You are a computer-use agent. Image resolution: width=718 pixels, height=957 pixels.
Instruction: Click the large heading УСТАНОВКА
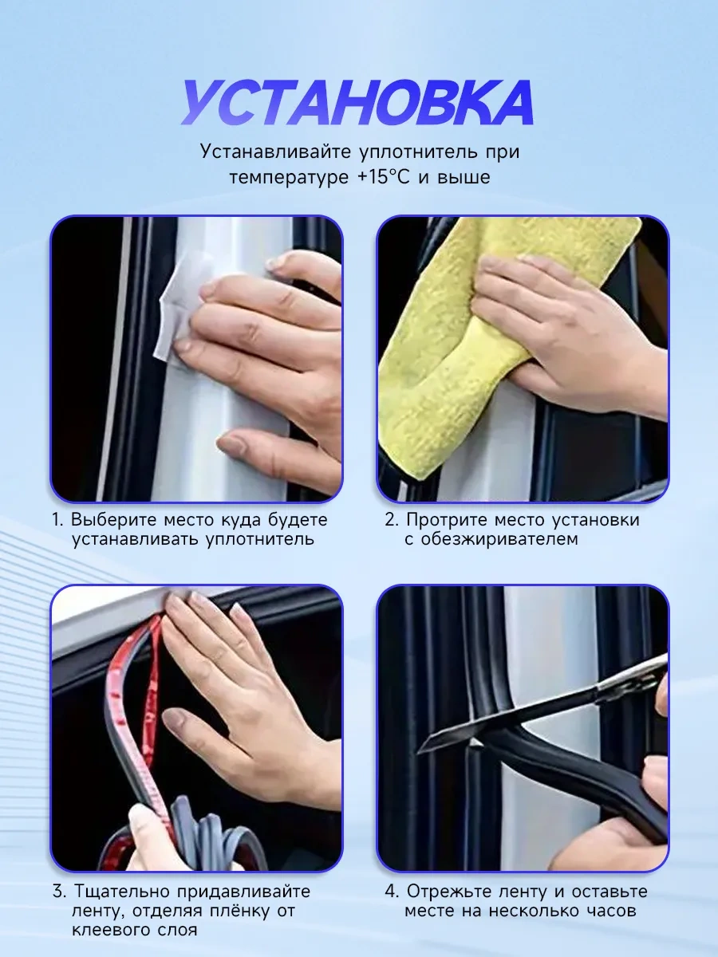tap(357, 103)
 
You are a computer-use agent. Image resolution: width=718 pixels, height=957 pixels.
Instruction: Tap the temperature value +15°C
tap(384, 177)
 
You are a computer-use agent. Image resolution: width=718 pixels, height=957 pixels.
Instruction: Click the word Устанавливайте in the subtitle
tap(275, 152)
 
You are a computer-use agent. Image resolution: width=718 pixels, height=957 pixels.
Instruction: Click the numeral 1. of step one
tap(58, 520)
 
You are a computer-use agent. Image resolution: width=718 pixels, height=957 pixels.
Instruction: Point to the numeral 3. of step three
tap(59, 892)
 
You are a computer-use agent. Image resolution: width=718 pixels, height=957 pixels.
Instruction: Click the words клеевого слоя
tap(134, 931)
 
